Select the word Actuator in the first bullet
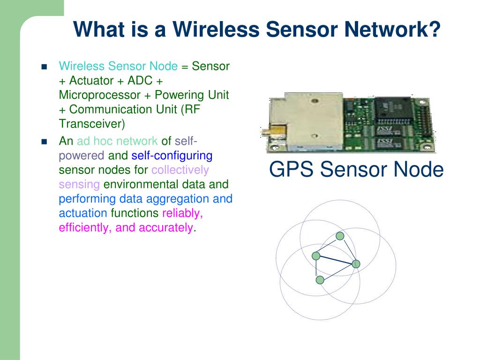tap(91, 81)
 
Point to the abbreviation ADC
tap(140, 81)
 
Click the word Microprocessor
tap(99, 95)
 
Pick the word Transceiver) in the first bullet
tap(92, 124)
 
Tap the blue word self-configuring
tap(172, 156)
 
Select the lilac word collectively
tap(180, 170)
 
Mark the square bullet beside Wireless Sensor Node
tap(45, 67)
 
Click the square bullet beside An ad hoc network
tap(45, 142)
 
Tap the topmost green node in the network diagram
tap(340, 236)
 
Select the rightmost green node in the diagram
tap(356, 264)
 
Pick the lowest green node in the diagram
tap(320, 280)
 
